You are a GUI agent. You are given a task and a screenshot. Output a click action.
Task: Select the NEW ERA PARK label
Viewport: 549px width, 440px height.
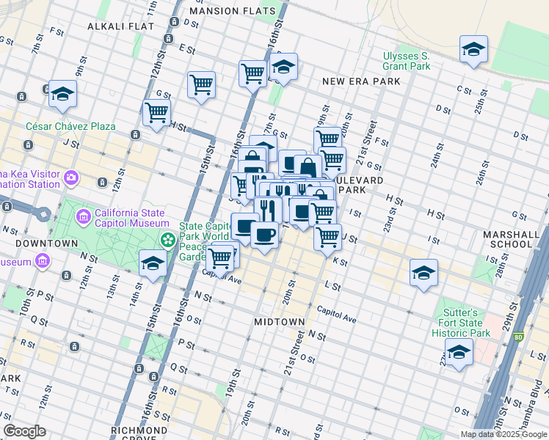pyautogui.click(x=361, y=81)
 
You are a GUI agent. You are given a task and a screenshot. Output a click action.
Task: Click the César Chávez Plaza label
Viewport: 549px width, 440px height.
pyautogui.click(x=70, y=126)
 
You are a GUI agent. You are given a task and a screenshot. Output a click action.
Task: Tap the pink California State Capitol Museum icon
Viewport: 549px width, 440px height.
pyautogui.click(x=83, y=217)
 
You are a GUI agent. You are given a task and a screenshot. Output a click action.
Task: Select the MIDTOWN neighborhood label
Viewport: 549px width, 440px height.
pyautogui.click(x=279, y=322)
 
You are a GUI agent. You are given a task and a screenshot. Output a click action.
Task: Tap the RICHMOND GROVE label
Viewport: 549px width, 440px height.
pyautogui.click(x=139, y=430)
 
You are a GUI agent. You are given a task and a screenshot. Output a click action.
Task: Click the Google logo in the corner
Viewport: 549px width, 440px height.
pyautogui.click(x=24, y=431)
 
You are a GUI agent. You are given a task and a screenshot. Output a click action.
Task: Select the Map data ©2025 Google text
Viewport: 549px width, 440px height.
pyautogui.click(x=503, y=434)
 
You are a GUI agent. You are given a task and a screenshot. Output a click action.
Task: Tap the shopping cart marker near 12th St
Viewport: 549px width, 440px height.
pyautogui.click(x=156, y=114)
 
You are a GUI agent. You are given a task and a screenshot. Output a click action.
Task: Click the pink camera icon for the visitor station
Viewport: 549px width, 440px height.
pyautogui.click(x=70, y=177)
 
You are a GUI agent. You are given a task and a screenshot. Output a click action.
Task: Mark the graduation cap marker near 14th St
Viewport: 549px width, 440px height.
pyautogui.click(x=153, y=263)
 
